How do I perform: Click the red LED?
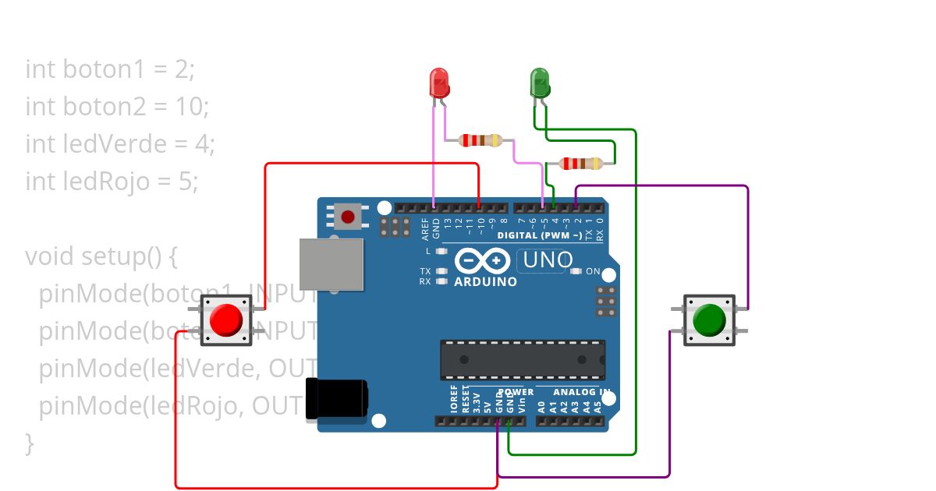pos(439,82)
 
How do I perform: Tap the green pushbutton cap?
pos(709,320)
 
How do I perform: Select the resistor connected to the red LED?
pos(480,140)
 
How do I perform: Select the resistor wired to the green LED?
pos(581,164)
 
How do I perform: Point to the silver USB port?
pos(331,263)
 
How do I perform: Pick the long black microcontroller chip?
pos(523,359)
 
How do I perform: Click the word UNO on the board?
pos(548,260)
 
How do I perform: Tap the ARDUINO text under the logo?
pos(485,281)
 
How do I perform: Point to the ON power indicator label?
pos(593,271)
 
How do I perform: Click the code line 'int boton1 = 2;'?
pos(110,69)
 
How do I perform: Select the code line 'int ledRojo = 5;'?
pos(112,182)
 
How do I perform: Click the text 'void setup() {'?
pos(102,256)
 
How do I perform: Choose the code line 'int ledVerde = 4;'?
pos(120,144)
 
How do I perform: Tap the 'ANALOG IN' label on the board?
pos(581,392)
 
